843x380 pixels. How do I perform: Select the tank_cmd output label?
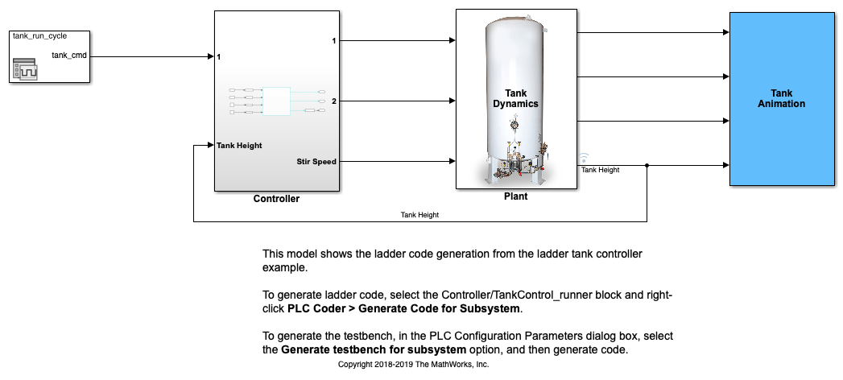click(x=70, y=55)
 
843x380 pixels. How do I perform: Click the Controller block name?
click(x=276, y=199)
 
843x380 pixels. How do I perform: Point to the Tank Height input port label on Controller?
click(x=239, y=146)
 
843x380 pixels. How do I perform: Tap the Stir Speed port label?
click(x=316, y=162)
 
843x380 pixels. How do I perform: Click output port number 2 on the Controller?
click(x=333, y=101)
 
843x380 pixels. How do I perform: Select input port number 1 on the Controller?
click(x=219, y=57)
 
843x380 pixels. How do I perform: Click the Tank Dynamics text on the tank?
click(x=516, y=98)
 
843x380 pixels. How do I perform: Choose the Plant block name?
click(x=515, y=196)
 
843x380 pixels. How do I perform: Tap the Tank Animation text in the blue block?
click(x=781, y=98)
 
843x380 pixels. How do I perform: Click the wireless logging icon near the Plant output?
click(x=585, y=158)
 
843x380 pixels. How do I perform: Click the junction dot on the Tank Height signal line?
click(x=647, y=167)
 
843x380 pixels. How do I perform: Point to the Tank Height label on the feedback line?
click(x=419, y=215)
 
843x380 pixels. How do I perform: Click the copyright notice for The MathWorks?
click(x=413, y=365)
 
